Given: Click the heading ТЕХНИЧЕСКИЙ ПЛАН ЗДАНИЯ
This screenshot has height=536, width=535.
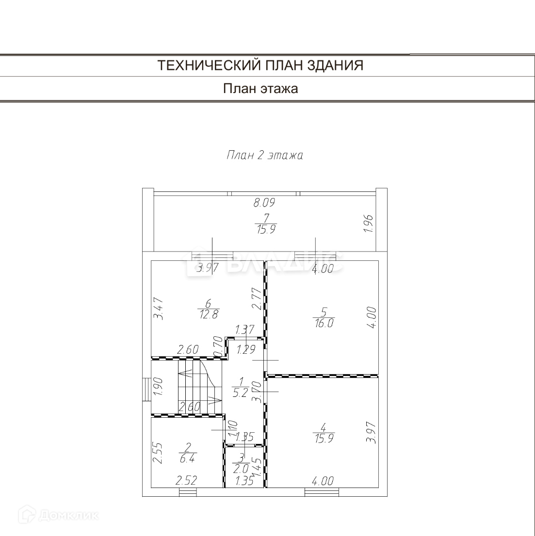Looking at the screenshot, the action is click(x=260, y=65).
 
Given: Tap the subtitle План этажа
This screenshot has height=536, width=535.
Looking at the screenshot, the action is click(x=260, y=89).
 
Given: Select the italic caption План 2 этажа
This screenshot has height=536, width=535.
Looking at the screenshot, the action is click(x=265, y=156).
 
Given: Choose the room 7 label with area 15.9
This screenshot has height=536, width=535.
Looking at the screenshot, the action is click(x=265, y=224).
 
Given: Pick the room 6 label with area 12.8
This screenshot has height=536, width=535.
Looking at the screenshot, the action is click(x=208, y=309).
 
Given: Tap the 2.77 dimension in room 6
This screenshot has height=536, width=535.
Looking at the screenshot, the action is click(x=257, y=299).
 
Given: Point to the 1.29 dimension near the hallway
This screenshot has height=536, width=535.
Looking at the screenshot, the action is click(x=245, y=349).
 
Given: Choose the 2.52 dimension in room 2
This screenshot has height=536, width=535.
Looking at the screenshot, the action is click(x=187, y=481).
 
